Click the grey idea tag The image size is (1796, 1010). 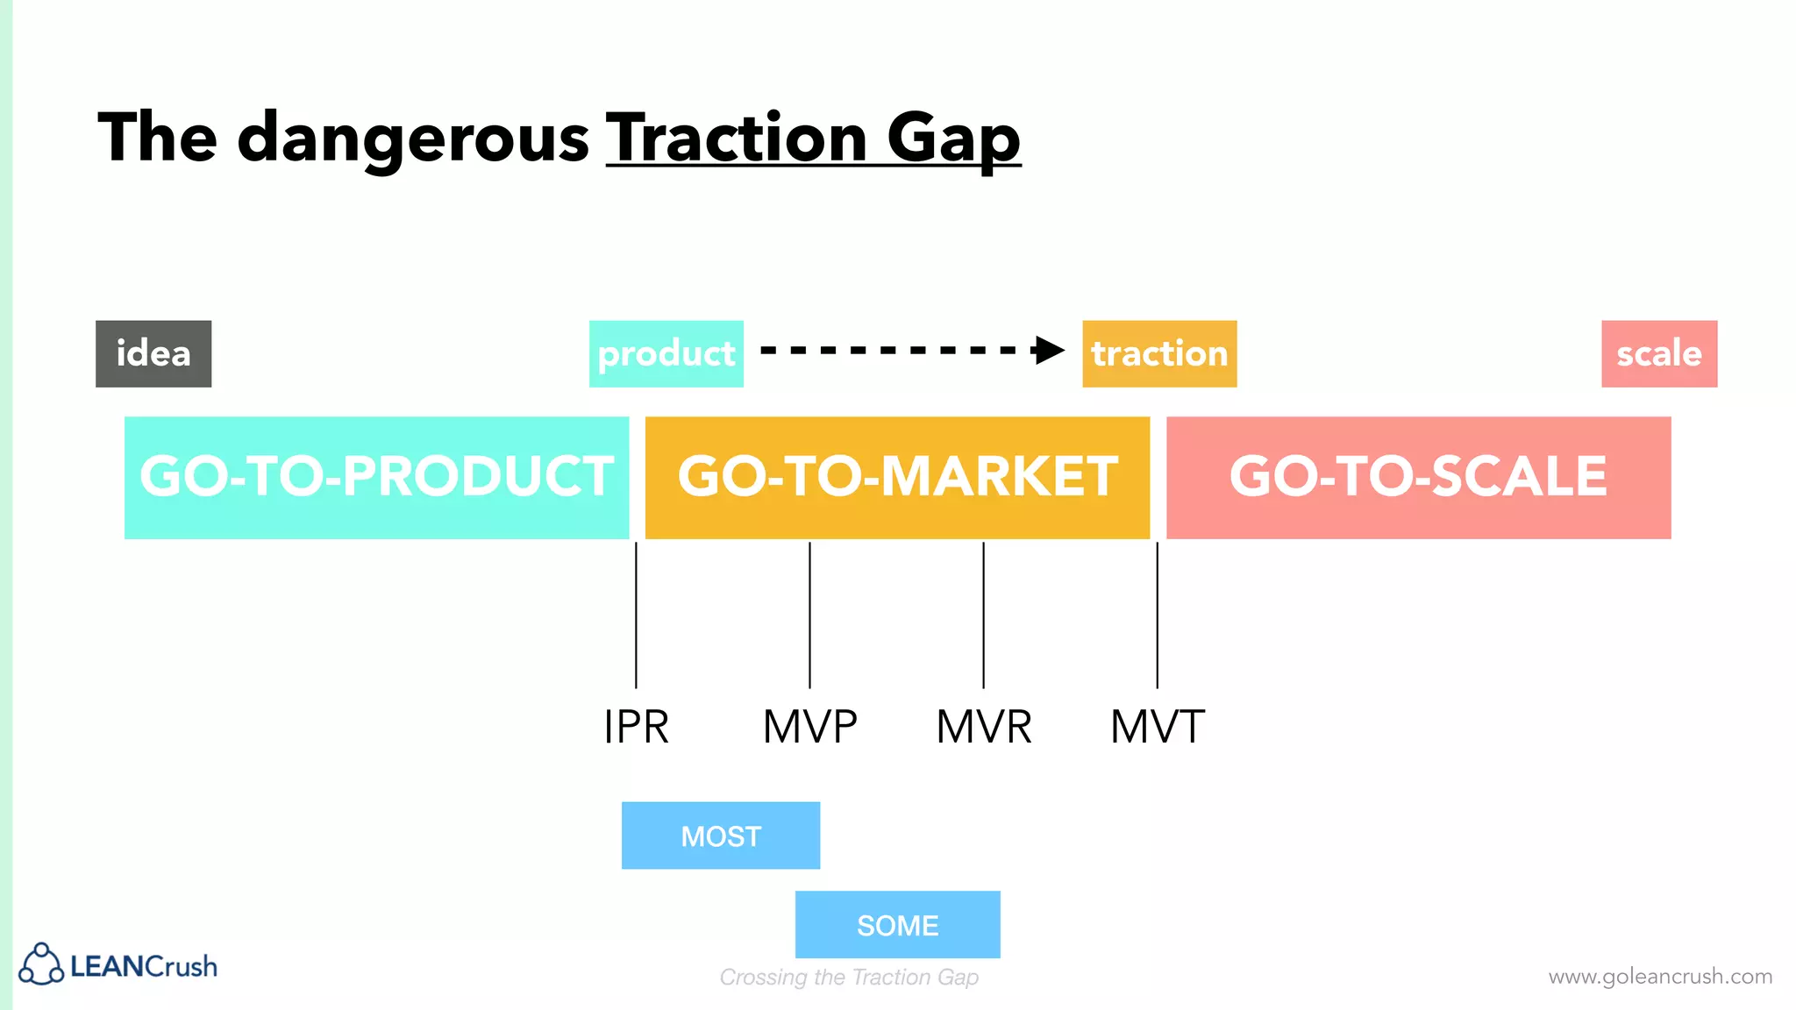pyautogui.click(x=153, y=353)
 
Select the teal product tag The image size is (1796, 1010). pyautogui.click(x=666, y=353)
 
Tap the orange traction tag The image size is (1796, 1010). pyautogui.click(x=1158, y=353)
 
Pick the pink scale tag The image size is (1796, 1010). pyautogui.click(x=1658, y=353)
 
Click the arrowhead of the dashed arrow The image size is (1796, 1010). pyautogui.click(x=1049, y=351)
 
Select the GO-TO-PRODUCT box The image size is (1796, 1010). pyautogui.click(x=376, y=477)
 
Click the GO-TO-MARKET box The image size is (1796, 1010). pyautogui.click(x=896, y=477)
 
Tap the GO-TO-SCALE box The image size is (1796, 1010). pyautogui.click(x=1417, y=477)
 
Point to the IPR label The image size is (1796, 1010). pyautogui.click(x=637, y=727)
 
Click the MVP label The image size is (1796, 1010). pyautogui.click(x=809, y=727)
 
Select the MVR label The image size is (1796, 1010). pyautogui.click(x=983, y=727)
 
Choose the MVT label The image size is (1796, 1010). pyautogui.click(x=1157, y=727)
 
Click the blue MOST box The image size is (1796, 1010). pyautogui.click(x=720, y=836)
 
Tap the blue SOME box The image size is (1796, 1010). pyautogui.click(x=897, y=925)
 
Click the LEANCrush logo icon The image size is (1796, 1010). pyautogui.click(x=41, y=964)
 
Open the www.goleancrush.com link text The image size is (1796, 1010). pyautogui.click(x=1659, y=976)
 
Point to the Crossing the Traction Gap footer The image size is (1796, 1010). pyautogui.click(x=849, y=977)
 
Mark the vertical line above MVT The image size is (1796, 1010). pyautogui.click(x=1157, y=614)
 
